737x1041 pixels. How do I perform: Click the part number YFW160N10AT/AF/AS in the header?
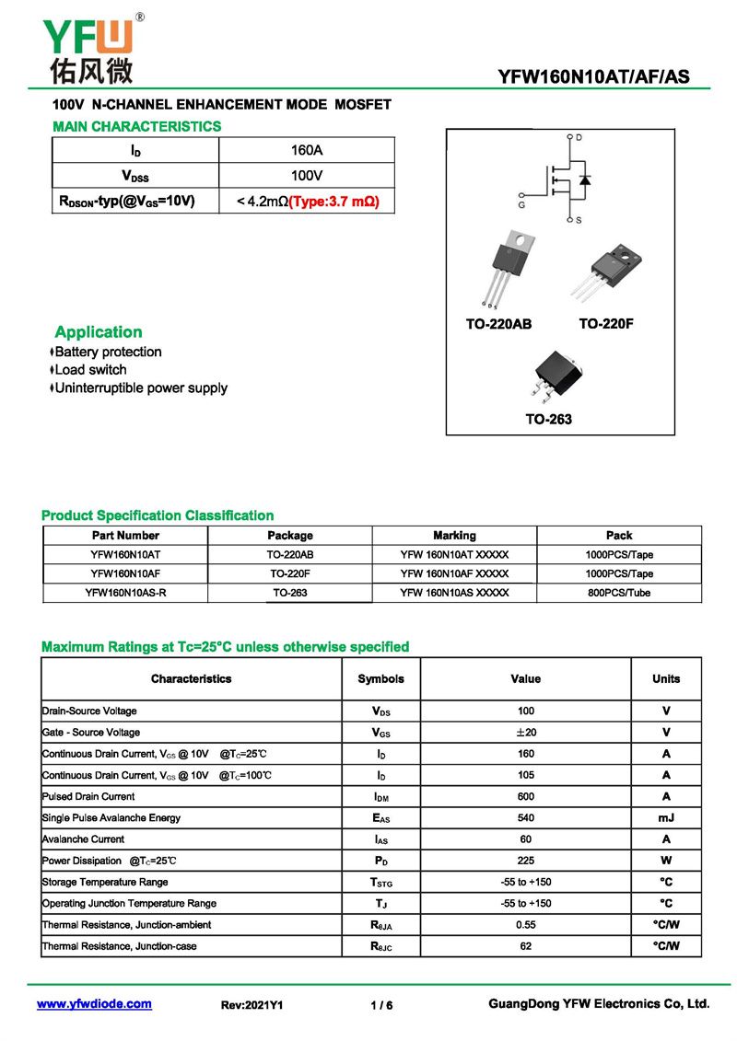click(x=593, y=77)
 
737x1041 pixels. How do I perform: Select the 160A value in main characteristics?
click(x=307, y=150)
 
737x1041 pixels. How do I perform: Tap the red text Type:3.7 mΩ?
click(x=334, y=201)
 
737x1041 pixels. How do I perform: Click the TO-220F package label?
click(x=606, y=324)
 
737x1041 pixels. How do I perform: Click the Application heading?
click(x=99, y=332)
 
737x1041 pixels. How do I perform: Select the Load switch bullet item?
click(x=91, y=370)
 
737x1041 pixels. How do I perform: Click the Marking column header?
click(x=454, y=536)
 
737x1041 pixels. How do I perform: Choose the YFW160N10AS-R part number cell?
click(x=125, y=593)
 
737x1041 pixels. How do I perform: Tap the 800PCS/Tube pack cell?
click(x=619, y=593)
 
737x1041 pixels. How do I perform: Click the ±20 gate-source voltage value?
click(x=526, y=733)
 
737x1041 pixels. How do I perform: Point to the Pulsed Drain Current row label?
click(x=88, y=797)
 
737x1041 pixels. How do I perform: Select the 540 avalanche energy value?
click(x=526, y=818)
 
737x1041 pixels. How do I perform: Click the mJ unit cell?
click(x=666, y=818)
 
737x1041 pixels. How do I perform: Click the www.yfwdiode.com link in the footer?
click(x=94, y=1004)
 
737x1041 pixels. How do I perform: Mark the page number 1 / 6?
click(x=381, y=1006)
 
